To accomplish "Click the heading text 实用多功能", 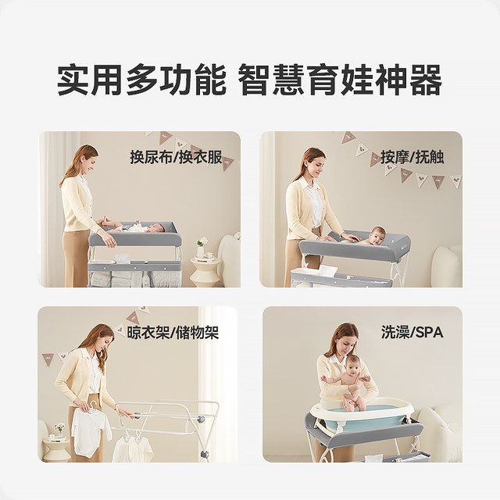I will click(141, 80).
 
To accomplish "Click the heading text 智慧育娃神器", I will click(341, 80).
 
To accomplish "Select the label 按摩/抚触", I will click(412, 157).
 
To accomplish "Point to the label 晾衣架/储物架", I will click(173, 333).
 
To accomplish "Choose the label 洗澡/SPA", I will click(412, 332).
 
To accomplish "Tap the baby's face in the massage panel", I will click(378, 234).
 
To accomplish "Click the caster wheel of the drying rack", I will click(204, 454).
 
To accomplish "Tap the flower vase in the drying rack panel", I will click(59, 430).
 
